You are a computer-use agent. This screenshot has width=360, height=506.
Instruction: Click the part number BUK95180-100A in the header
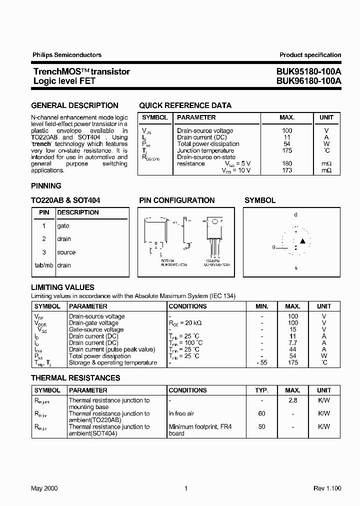click(308, 71)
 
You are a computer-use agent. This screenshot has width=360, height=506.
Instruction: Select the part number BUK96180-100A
click(308, 80)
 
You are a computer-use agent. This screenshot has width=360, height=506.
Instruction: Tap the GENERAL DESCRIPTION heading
click(74, 105)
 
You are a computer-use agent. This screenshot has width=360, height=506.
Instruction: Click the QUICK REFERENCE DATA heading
click(185, 105)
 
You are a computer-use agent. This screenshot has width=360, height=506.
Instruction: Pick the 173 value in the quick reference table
click(287, 170)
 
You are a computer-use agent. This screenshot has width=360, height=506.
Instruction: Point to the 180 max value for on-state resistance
click(287, 163)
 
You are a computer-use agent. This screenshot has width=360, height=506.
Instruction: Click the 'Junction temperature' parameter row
click(205, 150)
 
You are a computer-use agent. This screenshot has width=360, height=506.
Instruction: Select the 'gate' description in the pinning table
click(63, 226)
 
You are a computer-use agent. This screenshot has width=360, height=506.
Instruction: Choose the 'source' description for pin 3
click(66, 252)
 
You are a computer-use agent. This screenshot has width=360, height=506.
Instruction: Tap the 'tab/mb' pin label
click(44, 265)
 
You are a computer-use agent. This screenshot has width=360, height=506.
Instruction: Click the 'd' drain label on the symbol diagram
click(295, 215)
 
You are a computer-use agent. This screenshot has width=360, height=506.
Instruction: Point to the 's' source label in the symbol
click(296, 268)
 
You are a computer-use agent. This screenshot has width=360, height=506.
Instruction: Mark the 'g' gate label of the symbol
click(273, 247)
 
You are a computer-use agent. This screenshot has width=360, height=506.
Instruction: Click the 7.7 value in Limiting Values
click(293, 343)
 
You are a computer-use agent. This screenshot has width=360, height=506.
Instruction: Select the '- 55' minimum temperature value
click(261, 363)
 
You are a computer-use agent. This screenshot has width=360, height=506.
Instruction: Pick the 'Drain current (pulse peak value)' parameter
click(112, 349)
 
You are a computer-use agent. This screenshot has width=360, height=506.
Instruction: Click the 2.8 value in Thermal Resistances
click(293, 400)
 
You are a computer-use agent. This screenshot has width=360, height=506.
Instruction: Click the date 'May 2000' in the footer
click(44, 488)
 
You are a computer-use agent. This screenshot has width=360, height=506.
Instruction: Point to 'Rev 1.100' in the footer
click(327, 488)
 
